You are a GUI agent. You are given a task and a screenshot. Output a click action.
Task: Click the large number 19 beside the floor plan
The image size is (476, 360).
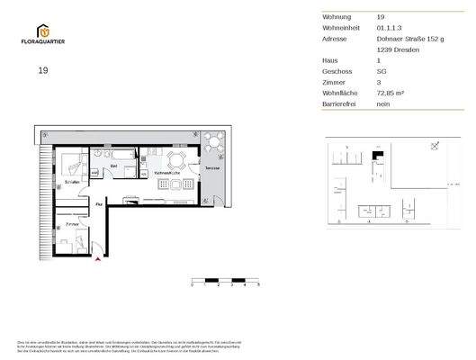(43, 70)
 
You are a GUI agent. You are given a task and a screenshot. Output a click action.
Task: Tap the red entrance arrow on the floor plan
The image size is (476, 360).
(98, 260)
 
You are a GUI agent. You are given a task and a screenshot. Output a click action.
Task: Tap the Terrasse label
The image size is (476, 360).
(211, 167)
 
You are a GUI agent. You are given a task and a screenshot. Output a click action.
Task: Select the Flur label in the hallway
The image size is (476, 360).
(99, 205)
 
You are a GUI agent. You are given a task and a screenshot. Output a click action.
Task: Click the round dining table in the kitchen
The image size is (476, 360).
(175, 160)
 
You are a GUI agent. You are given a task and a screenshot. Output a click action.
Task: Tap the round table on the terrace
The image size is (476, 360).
(212, 139)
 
